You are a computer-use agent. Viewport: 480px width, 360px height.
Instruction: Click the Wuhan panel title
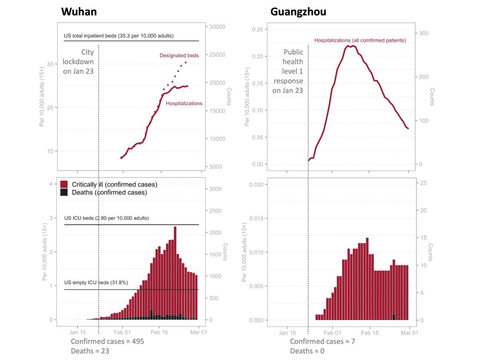79,12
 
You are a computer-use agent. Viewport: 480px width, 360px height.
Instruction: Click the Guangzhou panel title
298,12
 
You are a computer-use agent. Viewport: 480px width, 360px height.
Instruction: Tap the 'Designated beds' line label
179,56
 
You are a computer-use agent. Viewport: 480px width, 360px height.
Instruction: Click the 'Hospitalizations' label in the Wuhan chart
184,104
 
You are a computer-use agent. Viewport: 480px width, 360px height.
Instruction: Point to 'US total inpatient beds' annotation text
118,36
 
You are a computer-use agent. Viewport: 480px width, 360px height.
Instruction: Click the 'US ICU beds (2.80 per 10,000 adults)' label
106,218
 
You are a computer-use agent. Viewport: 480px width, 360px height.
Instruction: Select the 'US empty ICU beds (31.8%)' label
96,283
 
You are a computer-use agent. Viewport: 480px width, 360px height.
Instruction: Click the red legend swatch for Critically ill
63,184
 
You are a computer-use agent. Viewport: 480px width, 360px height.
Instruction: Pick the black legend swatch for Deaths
63,192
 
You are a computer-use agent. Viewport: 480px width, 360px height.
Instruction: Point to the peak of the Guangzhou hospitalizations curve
350,46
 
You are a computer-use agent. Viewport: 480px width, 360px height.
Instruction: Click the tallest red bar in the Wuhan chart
175,272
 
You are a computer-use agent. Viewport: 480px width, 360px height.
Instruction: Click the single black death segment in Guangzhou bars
394,317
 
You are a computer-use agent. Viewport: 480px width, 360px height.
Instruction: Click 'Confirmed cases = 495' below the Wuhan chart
107,342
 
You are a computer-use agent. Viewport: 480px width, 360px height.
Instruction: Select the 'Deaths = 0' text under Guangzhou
307,351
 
